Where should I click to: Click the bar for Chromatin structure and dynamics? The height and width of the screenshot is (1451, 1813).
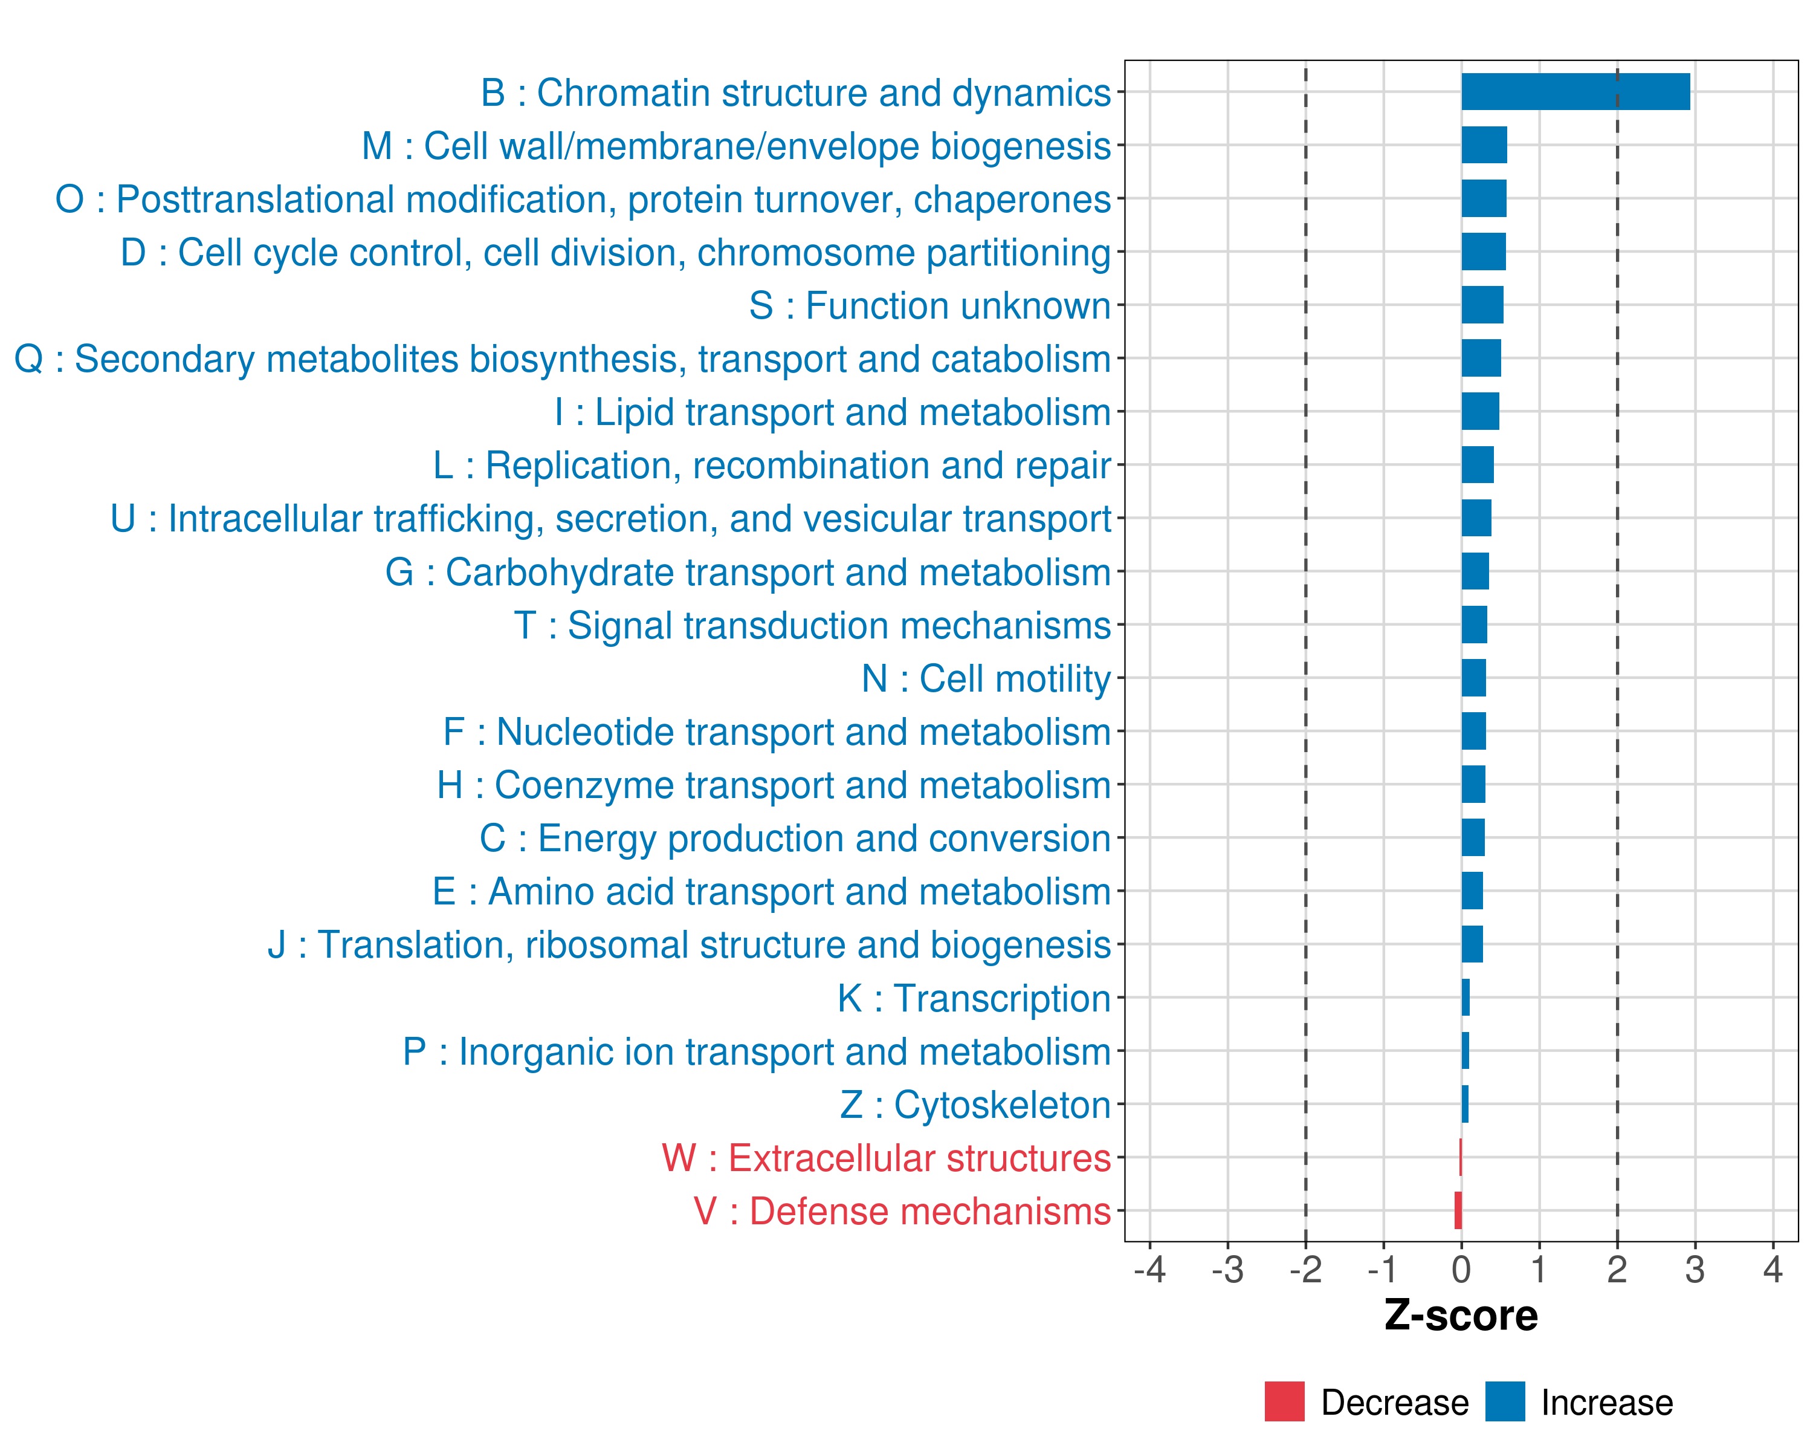(x=1575, y=92)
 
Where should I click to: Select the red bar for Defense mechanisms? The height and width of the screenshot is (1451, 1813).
(x=1458, y=1210)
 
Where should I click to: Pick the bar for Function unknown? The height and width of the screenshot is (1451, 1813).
(x=1482, y=305)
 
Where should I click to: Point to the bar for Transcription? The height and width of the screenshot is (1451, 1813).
(x=1466, y=998)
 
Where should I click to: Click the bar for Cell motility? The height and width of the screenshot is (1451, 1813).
(x=1473, y=678)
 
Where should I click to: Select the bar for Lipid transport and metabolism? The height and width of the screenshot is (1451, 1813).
(x=1480, y=411)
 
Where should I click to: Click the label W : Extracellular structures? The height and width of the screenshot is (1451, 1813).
(x=885, y=1158)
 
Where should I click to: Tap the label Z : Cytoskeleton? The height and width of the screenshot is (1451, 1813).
(x=975, y=1105)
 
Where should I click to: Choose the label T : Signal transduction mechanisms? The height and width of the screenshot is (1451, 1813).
(x=812, y=626)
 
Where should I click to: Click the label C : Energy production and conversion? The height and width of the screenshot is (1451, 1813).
(x=795, y=839)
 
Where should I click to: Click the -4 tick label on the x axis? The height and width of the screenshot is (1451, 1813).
(x=1149, y=1269)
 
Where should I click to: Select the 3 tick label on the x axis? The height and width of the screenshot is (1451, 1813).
(x=1695, y=1269)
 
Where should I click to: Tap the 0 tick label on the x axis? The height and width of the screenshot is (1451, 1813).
(x=1461, y=1269)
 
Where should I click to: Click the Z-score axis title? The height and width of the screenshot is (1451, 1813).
(x=1461, y=1316)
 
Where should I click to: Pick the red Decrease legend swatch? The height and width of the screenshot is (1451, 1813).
(x=1284, y=1401)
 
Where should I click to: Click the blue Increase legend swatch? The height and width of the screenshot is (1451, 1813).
(x=1504, y=1401)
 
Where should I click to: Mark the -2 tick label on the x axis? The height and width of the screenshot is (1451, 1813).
(x=1305, y=1269)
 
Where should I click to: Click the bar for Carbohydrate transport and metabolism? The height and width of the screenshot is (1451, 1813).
(x=1475, y=571)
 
